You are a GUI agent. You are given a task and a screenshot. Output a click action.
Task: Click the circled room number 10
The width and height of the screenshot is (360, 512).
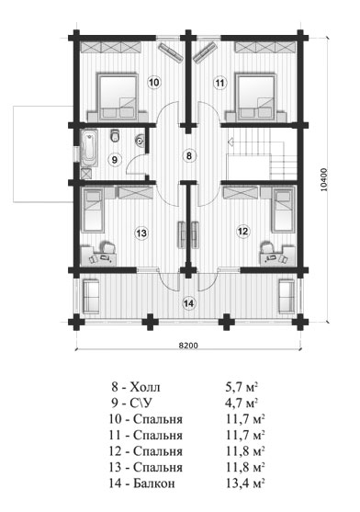coord(154,82)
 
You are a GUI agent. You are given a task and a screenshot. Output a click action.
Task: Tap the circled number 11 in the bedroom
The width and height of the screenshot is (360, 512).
coord(220,83)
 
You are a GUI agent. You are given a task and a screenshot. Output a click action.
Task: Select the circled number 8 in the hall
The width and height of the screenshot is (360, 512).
coord(189,155)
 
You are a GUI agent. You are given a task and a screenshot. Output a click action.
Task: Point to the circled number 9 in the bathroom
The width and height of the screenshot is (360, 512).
coord(114,160)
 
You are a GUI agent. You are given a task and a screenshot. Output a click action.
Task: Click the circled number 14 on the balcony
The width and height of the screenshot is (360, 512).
coord(188,303)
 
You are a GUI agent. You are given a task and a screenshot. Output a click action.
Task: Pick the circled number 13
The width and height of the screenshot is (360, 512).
coord(141,233)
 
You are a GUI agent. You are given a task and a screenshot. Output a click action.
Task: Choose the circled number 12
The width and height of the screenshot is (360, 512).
coord(243,232)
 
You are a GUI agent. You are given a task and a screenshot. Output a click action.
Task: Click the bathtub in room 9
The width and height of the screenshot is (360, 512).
coord(89,148)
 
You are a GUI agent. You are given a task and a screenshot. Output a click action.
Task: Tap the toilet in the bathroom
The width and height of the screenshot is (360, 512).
coord(115,135)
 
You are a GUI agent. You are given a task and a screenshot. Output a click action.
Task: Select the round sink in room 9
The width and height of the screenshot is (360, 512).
coord(141,141)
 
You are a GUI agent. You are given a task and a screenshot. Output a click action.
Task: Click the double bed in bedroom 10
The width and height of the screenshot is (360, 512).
coord(118,96)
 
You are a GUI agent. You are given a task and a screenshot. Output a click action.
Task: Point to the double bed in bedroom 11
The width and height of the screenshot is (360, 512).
coord(256,96)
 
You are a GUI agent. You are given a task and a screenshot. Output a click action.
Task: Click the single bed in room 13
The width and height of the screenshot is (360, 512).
coord(93,210)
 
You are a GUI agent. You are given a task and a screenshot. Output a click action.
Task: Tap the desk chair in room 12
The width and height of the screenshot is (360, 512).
coord(267,247)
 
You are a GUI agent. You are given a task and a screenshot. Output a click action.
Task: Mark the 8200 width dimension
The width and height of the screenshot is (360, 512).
coord(188,346)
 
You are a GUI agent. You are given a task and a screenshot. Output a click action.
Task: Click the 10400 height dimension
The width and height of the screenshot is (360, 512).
coord(324,179)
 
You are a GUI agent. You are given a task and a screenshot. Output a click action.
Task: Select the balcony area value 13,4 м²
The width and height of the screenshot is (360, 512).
coord(244,483)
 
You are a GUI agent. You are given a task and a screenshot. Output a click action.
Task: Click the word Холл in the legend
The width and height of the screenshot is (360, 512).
coord(145,388)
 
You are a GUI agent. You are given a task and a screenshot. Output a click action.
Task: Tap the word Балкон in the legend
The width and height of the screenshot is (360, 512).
coord(154,484)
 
